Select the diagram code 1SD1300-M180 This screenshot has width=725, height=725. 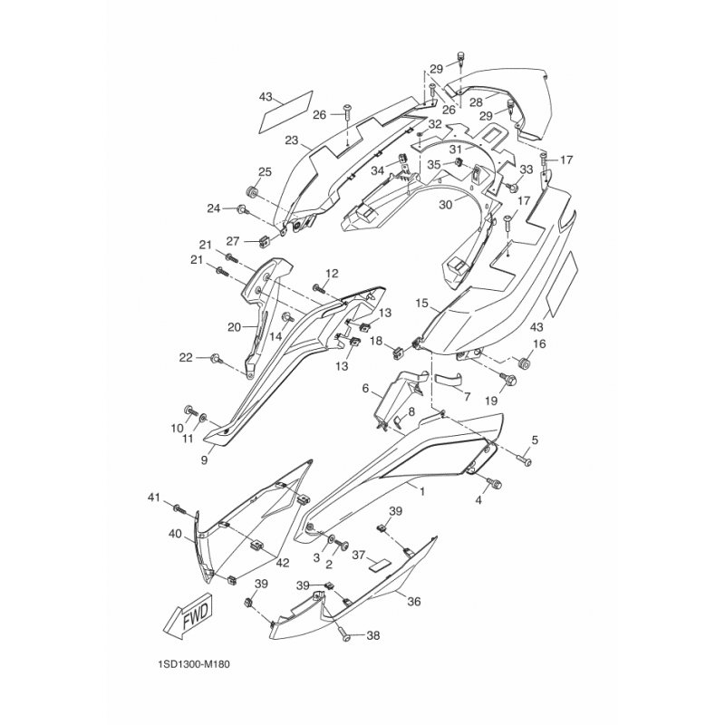pos(193,664)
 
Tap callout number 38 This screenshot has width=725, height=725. pos(372,636)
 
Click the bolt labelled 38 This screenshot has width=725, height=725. pos(344,635)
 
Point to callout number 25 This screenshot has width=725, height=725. pos(265,172)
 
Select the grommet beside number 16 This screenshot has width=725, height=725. pos(523,363)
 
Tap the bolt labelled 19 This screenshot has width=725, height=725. pos(507,380)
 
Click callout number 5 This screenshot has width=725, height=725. pos(535,440)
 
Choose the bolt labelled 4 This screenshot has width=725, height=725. pos(494,483)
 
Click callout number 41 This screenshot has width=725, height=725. pos(153,498)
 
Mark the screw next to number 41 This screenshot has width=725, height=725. pos(179,509)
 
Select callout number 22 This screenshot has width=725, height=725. pos(186,358)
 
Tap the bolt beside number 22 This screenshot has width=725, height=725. pos(217,358)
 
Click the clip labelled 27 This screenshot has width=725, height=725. pos(264,240)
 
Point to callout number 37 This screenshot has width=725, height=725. pos(359,555)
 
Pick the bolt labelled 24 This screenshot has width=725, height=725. pos(243,210)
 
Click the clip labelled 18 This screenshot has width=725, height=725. pos(398,353)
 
